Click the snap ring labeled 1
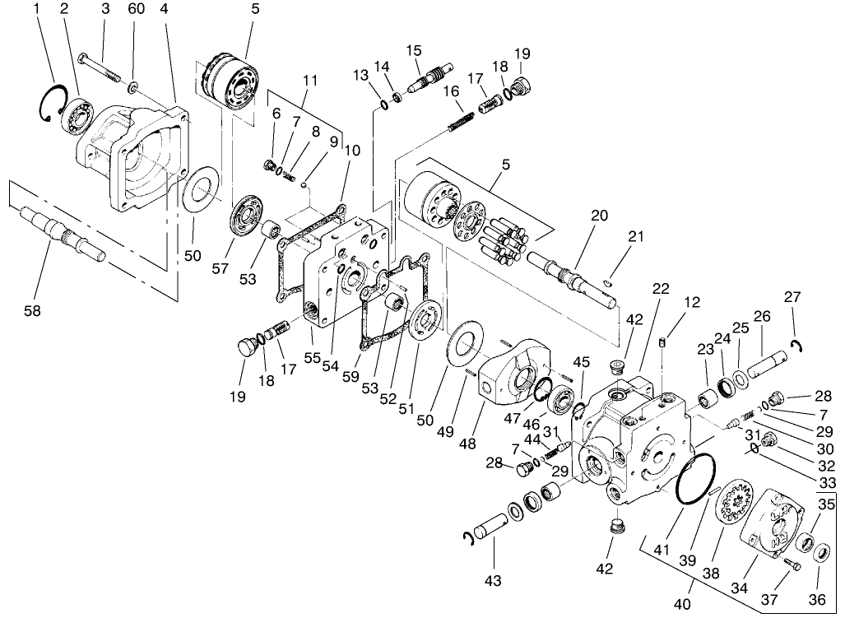[x=51, y=102]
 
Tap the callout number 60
[x=137, y=9]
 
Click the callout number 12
[x=691, y=302]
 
